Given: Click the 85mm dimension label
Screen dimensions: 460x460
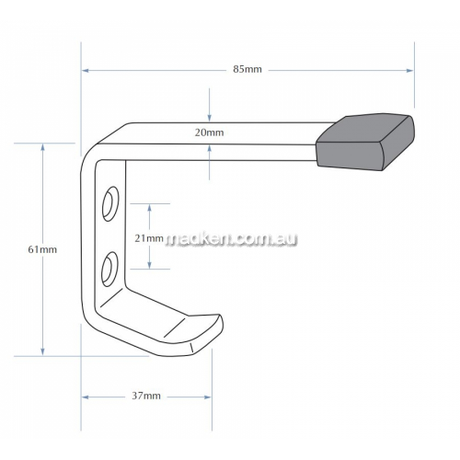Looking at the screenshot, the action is (247, 69).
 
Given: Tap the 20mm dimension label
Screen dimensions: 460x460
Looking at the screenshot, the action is (210, 132).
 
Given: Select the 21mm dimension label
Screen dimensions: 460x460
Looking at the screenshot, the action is (149, 238).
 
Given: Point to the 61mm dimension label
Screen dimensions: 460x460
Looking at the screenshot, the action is (42, 249).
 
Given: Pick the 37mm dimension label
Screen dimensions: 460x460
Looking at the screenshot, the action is (146, 396).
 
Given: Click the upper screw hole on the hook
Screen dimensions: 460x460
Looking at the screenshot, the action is (110, 203).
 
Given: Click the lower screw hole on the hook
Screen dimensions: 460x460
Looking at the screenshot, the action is (109, 270).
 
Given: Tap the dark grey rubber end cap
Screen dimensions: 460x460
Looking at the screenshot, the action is (365, 143).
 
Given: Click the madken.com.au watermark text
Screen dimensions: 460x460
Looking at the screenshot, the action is (232, 239).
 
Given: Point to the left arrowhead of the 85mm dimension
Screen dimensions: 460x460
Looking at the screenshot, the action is (86, 71).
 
